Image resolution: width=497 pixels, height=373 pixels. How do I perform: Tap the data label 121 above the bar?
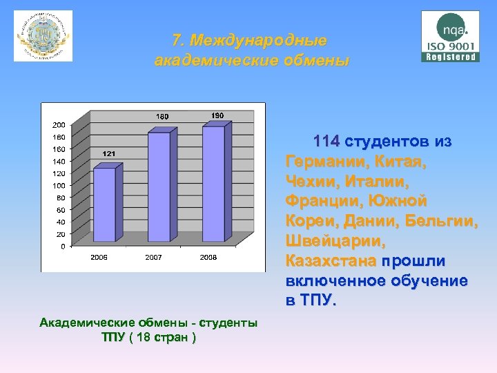click(x=108, y=153)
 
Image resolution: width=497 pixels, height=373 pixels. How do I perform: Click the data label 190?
click(x=217, y=115)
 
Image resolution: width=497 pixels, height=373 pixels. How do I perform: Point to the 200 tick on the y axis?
click(x=59, y=125)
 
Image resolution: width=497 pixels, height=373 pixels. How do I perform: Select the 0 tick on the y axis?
click(x=64, y=246)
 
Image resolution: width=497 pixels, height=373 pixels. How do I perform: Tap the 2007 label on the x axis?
click(x=153, y=258)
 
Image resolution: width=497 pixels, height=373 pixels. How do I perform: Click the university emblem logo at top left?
click(x=43, y=36)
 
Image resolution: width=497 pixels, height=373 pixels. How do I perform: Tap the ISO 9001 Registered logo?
click(x=450, y=36)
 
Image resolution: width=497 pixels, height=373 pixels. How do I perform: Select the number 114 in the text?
click(x=326, y=142)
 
